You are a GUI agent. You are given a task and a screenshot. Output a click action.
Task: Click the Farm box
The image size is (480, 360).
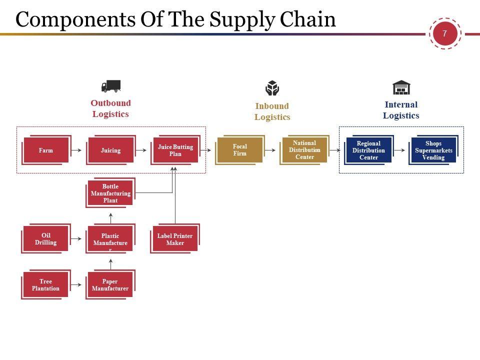point(45,150)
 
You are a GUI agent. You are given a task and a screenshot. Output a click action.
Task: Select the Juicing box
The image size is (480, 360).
point(110,150)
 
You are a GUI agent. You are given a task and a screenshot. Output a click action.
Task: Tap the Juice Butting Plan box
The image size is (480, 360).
point(175,150)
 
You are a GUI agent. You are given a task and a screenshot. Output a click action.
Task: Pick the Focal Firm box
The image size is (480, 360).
point(239,150)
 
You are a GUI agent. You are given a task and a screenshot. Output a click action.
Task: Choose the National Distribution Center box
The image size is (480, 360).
point(304,150)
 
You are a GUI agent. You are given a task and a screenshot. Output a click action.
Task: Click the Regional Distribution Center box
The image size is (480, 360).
point(368,150)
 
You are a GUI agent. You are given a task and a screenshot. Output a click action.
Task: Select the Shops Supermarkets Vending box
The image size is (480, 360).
point(433,150)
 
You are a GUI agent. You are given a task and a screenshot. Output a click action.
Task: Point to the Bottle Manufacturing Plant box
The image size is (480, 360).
point(110,193)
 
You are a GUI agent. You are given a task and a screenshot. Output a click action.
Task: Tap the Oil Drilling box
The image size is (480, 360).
point(45,239)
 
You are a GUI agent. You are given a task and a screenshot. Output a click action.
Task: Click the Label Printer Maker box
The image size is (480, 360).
point(175,239)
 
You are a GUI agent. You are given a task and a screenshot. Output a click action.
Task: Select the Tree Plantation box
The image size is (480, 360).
point(45,285)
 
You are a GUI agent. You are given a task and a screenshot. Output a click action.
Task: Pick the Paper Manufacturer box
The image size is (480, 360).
point(110,285)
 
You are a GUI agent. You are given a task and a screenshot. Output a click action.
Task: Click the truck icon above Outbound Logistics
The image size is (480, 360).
point(110,86)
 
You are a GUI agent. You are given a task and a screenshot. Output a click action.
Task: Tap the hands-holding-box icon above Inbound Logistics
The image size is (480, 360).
point(272,88)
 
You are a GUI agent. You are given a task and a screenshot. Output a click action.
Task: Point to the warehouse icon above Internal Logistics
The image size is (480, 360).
point(401,87)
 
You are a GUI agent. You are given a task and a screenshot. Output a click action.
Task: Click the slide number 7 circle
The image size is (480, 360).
point(444,34)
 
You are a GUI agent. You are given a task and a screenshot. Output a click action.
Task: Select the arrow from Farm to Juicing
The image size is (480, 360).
point(76,150)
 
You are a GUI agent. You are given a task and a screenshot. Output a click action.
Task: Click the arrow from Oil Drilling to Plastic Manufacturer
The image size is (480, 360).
point(76,239)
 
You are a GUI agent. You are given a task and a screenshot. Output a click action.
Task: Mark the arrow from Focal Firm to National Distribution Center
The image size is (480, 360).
point(270,150)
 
